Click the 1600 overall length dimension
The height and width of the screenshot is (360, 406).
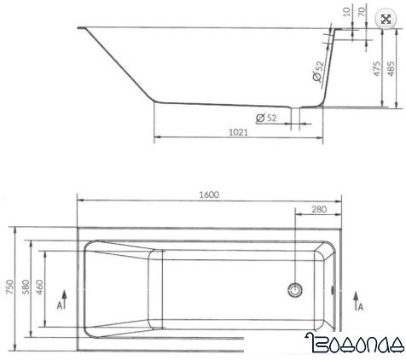pos(209,194)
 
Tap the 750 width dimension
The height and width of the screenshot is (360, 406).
pos(9,288)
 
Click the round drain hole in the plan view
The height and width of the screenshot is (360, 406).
pos(295,289)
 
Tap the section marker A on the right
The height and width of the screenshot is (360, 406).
pos(362,303)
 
